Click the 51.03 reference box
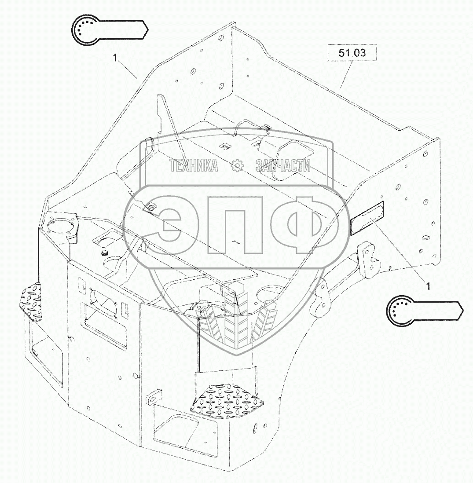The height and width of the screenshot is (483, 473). coord(352,53)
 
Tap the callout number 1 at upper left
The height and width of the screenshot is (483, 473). coord(115,57)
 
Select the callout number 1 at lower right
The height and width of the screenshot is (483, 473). coord(428,286)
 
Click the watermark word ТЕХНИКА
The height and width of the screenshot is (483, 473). coord(194,166)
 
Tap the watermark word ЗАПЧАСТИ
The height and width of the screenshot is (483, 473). coord(283,166)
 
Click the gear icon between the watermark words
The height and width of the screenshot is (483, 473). coord(237,166)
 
